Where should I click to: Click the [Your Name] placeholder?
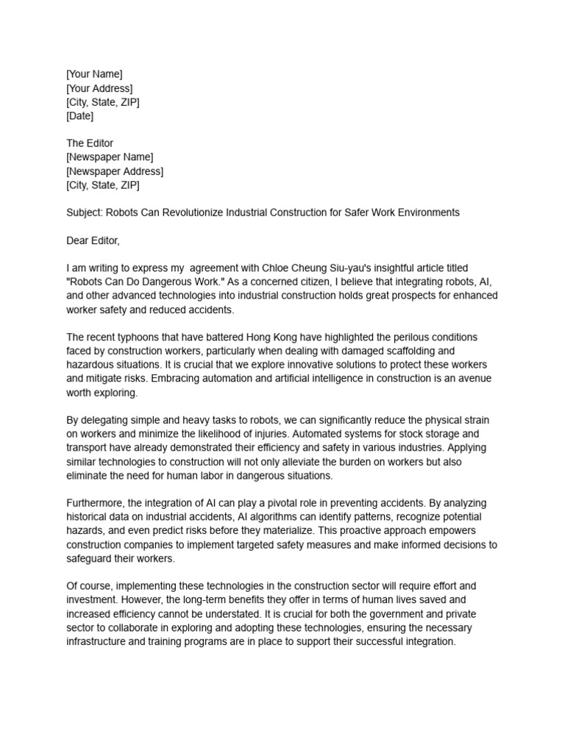94,74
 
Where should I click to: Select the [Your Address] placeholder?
99,88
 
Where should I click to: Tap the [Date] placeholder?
79,115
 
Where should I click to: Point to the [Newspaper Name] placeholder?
110,157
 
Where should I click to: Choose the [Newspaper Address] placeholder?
115,171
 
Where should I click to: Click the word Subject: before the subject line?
85,213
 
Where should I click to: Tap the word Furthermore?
95,503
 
